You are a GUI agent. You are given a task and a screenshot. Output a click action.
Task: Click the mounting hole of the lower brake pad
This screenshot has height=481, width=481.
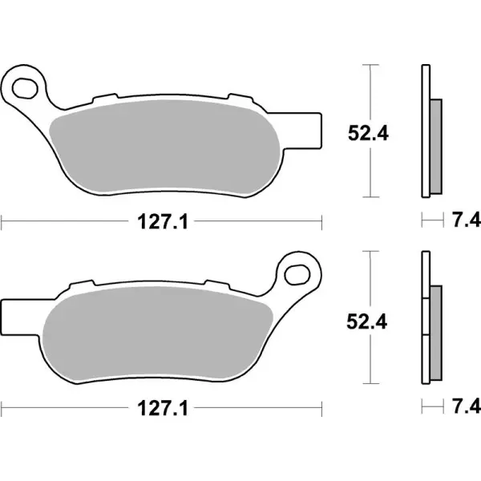298,270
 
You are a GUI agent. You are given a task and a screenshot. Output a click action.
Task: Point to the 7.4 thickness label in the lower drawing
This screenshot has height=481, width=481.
464,409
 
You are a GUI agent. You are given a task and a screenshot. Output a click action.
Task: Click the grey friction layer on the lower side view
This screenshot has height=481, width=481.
436,333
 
